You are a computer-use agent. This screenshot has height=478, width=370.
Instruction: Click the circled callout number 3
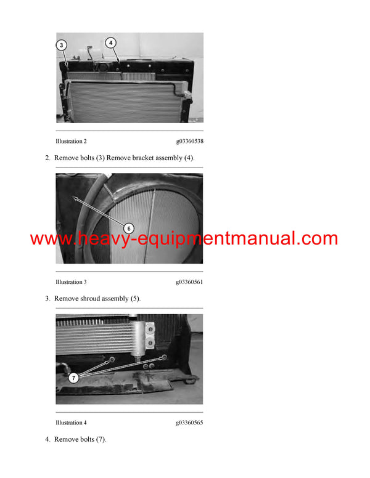click(x=62, y=45)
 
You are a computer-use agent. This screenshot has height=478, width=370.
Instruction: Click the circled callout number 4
click(x=110, y=43)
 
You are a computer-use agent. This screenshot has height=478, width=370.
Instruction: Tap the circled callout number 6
click(x=129, y=227)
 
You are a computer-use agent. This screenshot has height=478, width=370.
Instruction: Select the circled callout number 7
click(x=73, y=378)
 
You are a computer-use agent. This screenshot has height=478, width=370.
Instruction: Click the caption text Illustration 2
click(x=71, y=142)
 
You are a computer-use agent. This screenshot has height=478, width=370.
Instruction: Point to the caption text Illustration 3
click(x=71, y=282)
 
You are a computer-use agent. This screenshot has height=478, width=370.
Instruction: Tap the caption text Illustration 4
click(x=71, y=423)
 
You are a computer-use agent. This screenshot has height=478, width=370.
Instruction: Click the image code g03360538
click(x=189, y=142)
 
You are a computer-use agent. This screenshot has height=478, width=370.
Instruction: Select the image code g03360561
click(x=189, y=282)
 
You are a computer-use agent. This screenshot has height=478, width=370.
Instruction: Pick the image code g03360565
click(x=189, y=423)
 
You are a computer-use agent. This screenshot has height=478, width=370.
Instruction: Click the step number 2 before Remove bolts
click(x=47, y=158)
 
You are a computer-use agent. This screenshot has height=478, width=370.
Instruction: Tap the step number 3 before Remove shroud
click(x=47, y=299)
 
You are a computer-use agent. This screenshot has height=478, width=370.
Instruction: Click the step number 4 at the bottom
click(x=47, y=439)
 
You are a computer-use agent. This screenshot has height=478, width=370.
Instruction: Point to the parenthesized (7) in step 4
click(x=100, y=439)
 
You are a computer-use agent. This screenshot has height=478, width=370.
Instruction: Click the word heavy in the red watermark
click(x=99, y=239)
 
